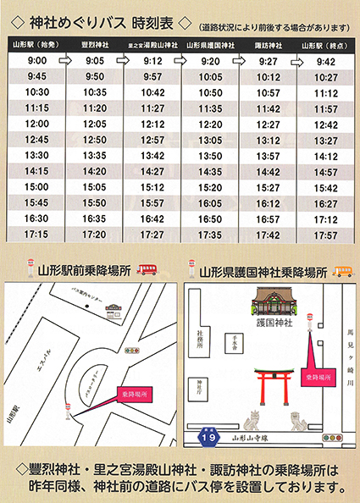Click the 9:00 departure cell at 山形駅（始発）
click(36, 61)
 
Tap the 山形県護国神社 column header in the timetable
click(211, 42)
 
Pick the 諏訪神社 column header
click(268, 42)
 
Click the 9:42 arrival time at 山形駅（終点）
click(326, 61)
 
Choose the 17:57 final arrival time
click(326, 234)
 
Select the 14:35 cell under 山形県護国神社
click(211, 171)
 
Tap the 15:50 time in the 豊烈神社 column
click(95, 202)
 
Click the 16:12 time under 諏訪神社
click(268, 202)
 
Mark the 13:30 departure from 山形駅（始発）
click(36, 155)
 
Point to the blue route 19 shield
click(208, 437)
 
